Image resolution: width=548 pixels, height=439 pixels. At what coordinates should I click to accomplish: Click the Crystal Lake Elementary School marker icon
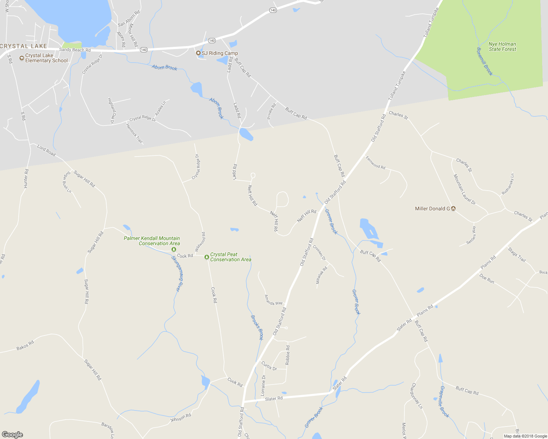click(22, 58)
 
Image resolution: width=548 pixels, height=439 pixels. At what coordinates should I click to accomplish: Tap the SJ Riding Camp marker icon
click(198, 53)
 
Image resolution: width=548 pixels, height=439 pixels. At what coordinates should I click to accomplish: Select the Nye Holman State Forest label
click(502, 46)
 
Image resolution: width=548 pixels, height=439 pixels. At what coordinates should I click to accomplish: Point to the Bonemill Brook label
click(485, 61)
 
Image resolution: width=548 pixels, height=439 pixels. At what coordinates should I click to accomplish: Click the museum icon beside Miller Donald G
click(453, 209)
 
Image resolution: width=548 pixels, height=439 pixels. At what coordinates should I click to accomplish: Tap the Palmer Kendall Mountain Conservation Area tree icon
click(174, 249)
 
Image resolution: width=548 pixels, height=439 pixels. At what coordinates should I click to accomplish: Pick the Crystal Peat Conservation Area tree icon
click(207, 257)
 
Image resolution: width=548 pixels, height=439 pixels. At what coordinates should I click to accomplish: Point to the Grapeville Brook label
click(444, 401)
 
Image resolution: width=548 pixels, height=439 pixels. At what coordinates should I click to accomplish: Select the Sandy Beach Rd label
click(75, 50)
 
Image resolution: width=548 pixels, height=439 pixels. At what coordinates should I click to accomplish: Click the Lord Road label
click(47, 150)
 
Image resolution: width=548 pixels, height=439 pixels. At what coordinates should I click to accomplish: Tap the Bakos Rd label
click(25, 345)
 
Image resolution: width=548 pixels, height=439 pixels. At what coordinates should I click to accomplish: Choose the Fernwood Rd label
click(375, 162)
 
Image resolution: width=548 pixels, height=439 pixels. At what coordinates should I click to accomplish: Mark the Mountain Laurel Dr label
click(464, 190)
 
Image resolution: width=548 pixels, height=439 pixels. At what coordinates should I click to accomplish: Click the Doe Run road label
click(487, 279)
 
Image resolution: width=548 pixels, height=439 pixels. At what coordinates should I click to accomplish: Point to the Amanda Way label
click(274, 300)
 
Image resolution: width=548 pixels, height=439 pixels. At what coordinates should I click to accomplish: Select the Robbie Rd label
click(288, 354)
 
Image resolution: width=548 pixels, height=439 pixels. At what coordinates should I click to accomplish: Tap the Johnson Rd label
click(181, 417)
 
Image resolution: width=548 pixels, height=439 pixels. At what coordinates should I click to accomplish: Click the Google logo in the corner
click(12, 435)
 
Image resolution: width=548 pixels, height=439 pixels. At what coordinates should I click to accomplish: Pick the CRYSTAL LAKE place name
click(23, 46)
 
